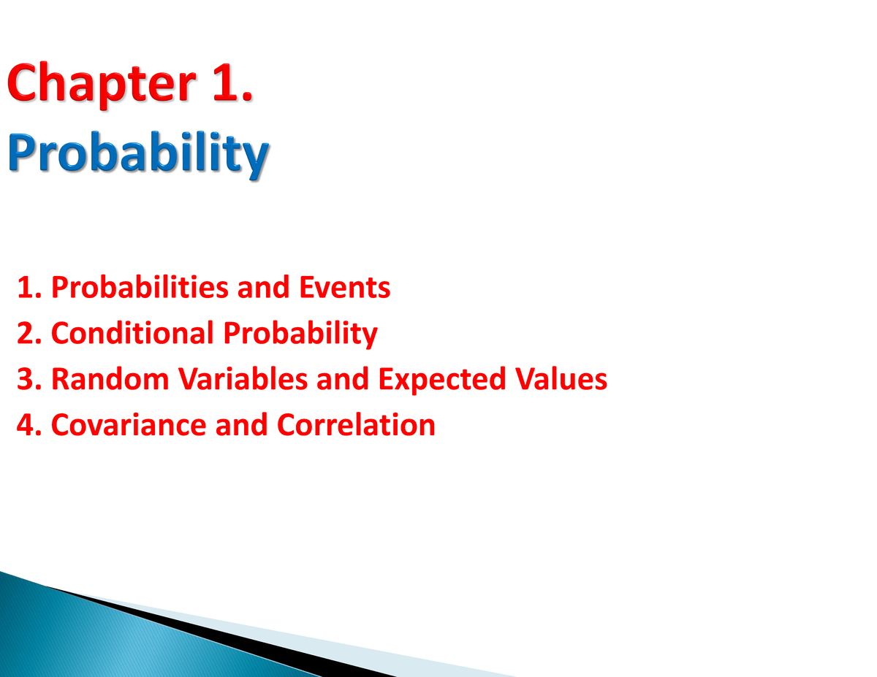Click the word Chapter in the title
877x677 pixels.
tap(102, 85)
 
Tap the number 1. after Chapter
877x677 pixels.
tap(233, 82)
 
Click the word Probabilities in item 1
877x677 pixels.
tap(140, 287)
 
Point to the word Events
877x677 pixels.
tap(345, 287)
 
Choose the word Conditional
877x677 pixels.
tap(132, 333)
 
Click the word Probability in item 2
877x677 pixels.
tap(300, 334)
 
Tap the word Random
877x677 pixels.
tap(110, 379)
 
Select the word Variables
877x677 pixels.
tap(243, 379)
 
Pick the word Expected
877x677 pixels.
tap(442, 380)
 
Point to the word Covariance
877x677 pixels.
tap(129, 425)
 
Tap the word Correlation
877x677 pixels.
tap(357, 425)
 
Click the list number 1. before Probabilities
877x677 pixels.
tap(30, 288)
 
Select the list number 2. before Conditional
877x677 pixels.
tap(29, 334)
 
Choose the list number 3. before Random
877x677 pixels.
tap(29, 380)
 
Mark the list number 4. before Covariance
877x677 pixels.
tap(29, 425)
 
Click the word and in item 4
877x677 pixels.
tap(242, 425)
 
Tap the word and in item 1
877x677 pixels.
tap(264, 287)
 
